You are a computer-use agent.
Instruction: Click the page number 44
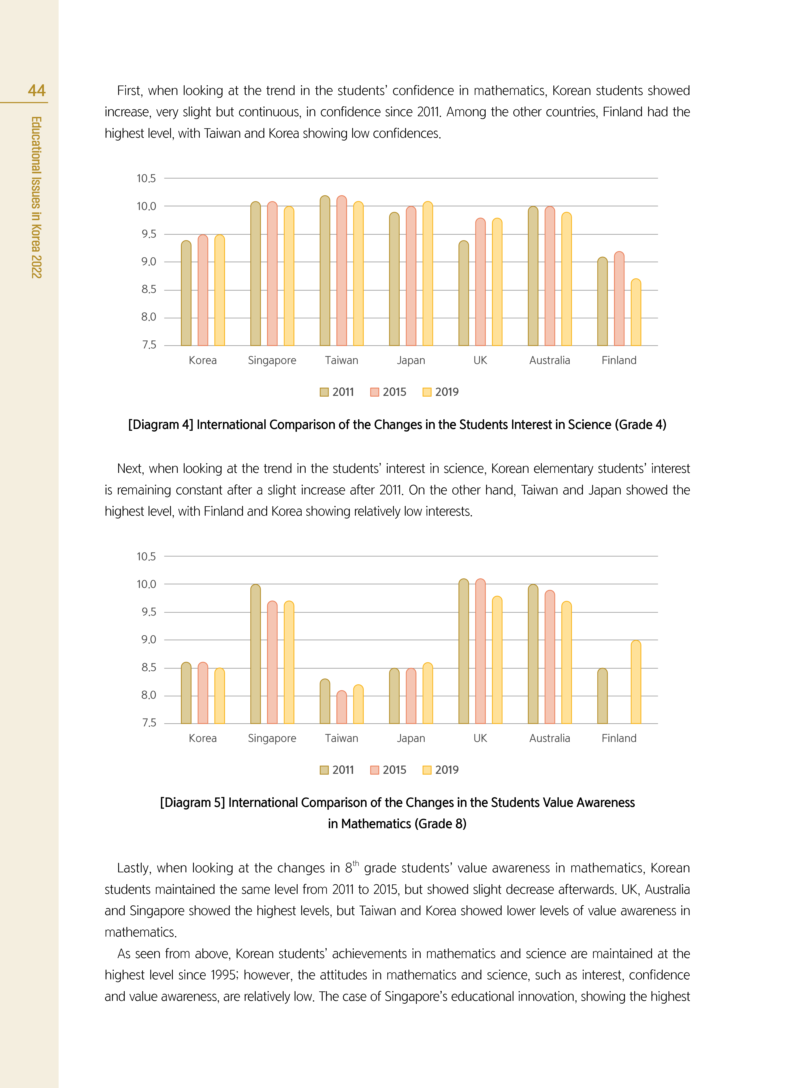[37, 90]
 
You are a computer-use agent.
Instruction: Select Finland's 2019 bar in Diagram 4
[636, 313]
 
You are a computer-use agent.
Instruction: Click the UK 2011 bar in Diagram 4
[463, 294]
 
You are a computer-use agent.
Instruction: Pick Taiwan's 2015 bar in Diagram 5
[342, 707]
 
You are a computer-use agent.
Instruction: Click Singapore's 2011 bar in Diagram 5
[256, 655]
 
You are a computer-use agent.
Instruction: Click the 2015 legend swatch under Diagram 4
[374, 392]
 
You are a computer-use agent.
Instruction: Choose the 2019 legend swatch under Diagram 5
[426, 770]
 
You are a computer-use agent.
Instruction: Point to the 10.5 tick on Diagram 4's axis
[146, 179]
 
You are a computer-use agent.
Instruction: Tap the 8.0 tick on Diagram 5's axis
[148, 695]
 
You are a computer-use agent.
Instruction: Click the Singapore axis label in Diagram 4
[272, 360]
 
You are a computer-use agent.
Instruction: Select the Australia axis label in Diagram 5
[550, 738]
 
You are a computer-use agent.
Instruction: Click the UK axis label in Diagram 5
[480, 738]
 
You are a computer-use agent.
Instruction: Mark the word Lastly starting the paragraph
[133, 868]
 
